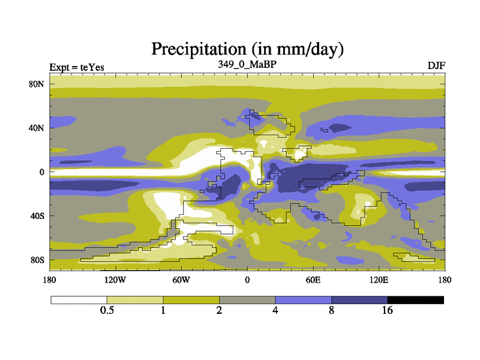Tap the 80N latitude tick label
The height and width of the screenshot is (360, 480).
[x=37, y=84]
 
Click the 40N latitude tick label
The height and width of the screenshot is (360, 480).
[x=37, y=128]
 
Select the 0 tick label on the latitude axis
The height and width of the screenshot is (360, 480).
[x=42, y=172]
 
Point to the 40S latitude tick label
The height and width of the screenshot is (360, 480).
[x=37, y=216]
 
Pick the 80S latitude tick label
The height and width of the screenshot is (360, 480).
[x=37, y=260]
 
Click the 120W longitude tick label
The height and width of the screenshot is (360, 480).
[x=115, y=280]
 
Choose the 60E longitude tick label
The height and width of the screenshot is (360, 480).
[x=313, y=280]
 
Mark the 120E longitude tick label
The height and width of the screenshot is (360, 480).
[x=379, y=280]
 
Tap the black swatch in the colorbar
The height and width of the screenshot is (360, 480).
[x=415, y=299]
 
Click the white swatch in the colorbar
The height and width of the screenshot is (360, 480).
[x=79, y=299]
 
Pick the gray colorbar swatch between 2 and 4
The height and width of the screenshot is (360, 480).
[x=247, y=299]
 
